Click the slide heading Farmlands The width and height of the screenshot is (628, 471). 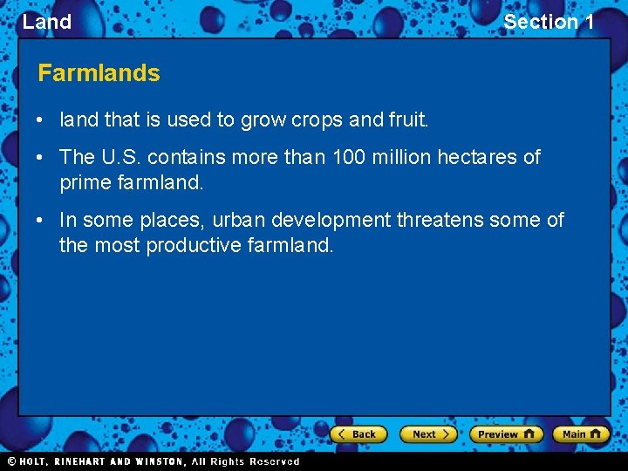coord(99,73)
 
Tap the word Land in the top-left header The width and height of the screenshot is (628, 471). coord(47,22)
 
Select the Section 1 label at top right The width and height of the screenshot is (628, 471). coord(549,22)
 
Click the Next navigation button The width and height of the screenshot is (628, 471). coord(428,433)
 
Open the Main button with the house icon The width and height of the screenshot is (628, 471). coord(581,433)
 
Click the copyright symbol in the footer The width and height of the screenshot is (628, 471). coord(11,461)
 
